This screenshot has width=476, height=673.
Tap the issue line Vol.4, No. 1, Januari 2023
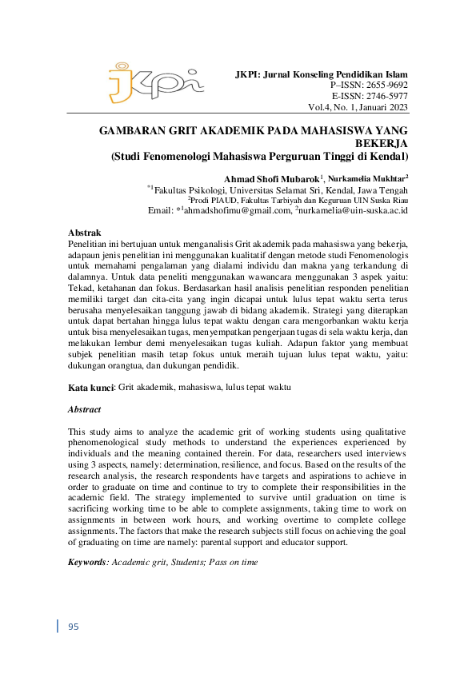358,107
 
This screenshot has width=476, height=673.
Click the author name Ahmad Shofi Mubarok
272,177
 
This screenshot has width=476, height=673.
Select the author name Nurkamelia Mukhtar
367,177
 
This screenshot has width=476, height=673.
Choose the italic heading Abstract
84,408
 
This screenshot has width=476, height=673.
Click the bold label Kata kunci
91,387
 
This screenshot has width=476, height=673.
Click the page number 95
73,626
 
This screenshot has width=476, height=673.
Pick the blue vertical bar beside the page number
58,626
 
